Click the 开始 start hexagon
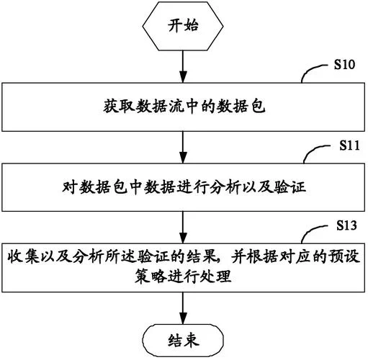pos(183,26)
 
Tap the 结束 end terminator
pos(183,341)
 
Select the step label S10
pos(344,65)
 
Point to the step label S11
pos(349,145)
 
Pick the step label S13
pos(346,225)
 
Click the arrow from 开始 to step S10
pos(183,67)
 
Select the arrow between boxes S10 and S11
pos(183,148)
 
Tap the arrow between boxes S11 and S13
pos(183,228)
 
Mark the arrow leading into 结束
pos(183,308)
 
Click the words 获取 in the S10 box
pos(120,106)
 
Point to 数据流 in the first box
pos(160,106)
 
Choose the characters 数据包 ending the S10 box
pos(241,106)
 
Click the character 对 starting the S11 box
pos(70,186)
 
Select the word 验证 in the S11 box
pos(290,186)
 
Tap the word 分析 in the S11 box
pos(225,186)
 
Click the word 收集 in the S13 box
pos(23,257)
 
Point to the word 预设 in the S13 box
pos(344,257)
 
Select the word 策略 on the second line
pos(151,276)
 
